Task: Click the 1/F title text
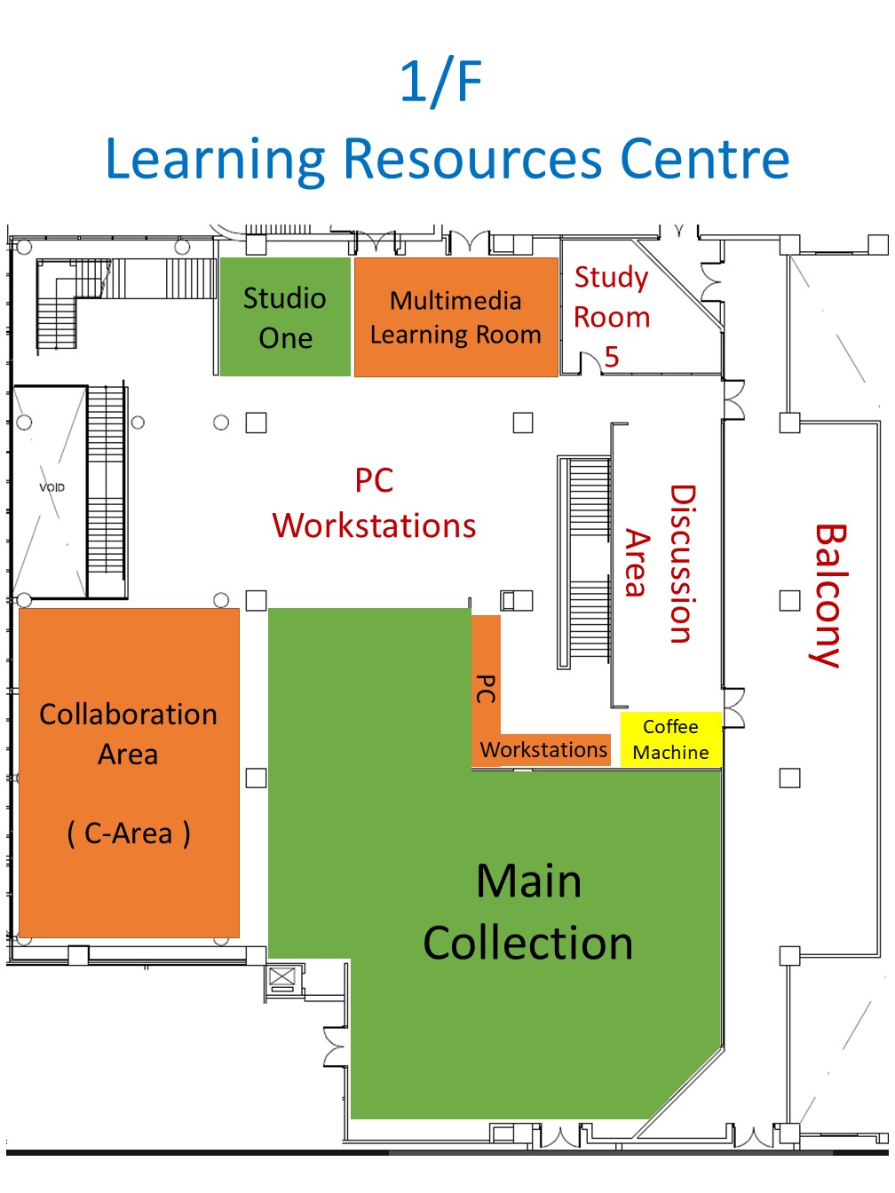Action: pyautogui.click(x=441, y=83)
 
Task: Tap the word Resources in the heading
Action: pyautogui.click(x=472, y=158)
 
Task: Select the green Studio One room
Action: pyautogui.click(x=285, y=317)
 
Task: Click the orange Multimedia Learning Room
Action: pyautogui.click(x=455, y=317)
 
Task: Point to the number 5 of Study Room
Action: pyautogui.click(x=612, y=357)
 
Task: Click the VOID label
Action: pyautogui.click(x=51, y=487)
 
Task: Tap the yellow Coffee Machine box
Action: pyautogui.click(x=671, y=739)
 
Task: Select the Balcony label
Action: pyautogui.click(x=829, y=595)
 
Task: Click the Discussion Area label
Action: pyautogui.click(x=660, y=565)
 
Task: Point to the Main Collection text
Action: pyautogui.click(x=528, y=912)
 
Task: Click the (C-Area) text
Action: pyautogui.click(x=129, y=834)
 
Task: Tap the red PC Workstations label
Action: pyautogui.click(x=374, y=503)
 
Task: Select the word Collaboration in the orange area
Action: pyautogui.click(x=128, y=715)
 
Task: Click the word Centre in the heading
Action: pyautogui.click(x=705, y=158)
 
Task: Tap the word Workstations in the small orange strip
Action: pyautogui.click(x=543, y=749)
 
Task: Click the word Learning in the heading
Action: pyautogui.click(x=215, y=158)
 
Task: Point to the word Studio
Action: pyautogui.click(x=285, y=298)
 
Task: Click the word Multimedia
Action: pyautogui.click(x=455, y=301)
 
